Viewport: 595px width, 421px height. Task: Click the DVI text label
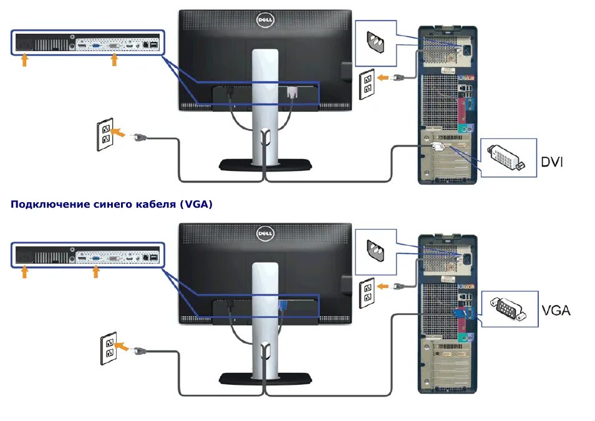[551, 162]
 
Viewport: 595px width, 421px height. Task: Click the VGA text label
[556, 310]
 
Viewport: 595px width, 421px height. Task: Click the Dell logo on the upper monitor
[264, 20]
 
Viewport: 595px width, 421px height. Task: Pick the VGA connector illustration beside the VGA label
[509, 309]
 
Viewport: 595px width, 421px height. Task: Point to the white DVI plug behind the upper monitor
[291, 92]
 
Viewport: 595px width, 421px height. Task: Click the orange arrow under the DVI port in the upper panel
[114, 59]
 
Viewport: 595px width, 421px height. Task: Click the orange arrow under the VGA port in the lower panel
[96, 273]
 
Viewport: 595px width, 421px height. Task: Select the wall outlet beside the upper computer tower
[367, 83]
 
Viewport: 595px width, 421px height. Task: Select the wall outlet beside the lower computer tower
[367, 292]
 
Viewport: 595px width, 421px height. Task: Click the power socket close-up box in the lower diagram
[375, 251]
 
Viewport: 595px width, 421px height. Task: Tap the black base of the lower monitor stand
[264, 378]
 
